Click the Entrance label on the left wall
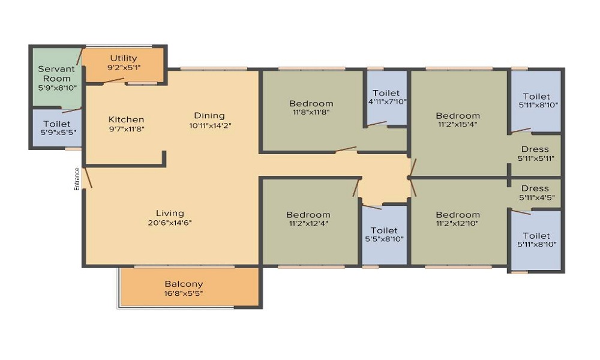[77, 179]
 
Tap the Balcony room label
[184, 284]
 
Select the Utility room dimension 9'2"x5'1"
[123, 67]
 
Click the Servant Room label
[56, 74]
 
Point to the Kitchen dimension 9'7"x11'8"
[126, 129]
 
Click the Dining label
[209, 116]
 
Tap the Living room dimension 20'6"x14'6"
[170, 223]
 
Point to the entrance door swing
[88, 178]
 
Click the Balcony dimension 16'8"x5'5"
[183, 293]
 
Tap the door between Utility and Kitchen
[113, 80]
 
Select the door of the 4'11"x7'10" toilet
[377, 124]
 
